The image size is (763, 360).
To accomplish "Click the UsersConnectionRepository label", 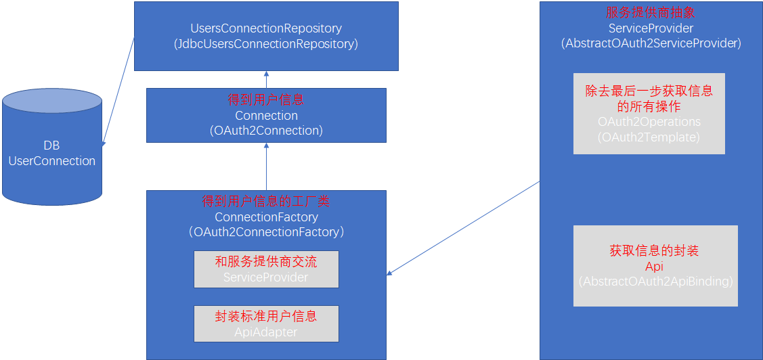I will pyautogui.click(x=266, y=29).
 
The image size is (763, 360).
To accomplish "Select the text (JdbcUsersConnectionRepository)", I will pyautogui.click(x=266, y=44).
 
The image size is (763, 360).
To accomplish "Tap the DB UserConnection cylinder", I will pyautogui.click(x=52, y=153).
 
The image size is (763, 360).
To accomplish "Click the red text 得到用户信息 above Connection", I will pyautogui.click(x=266, y=100).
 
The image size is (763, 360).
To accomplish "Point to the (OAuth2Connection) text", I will pyautogui.click(x=266, y=131).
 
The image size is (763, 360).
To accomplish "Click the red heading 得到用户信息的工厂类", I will pyautogui.click(x=266, y=202).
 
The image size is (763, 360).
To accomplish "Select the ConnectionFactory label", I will pyautogui.click(x=266, y=217).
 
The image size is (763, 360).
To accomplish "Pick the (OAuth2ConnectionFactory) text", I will pyautogui.click(x=266, y=232).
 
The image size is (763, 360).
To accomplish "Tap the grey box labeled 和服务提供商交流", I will pyautogui.click(x=266, y=269).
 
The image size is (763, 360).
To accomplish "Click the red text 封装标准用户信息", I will pyautogui.click(x=266, y=316).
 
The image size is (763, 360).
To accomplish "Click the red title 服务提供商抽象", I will pyautogui.click(x=651, y=13).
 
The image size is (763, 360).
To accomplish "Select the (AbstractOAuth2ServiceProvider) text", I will pyautogui.click(x=651, y=43).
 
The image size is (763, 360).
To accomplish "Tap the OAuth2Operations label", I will pyautogui.click(x=649, y=122).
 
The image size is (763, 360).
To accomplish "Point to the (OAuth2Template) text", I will pyautogui.click(x=649, y=137).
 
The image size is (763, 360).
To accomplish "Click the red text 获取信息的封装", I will pyautogui.click(x=654, y=251).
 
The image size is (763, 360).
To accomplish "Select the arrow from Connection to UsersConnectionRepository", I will pyautogui.click(x=266, y=79).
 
